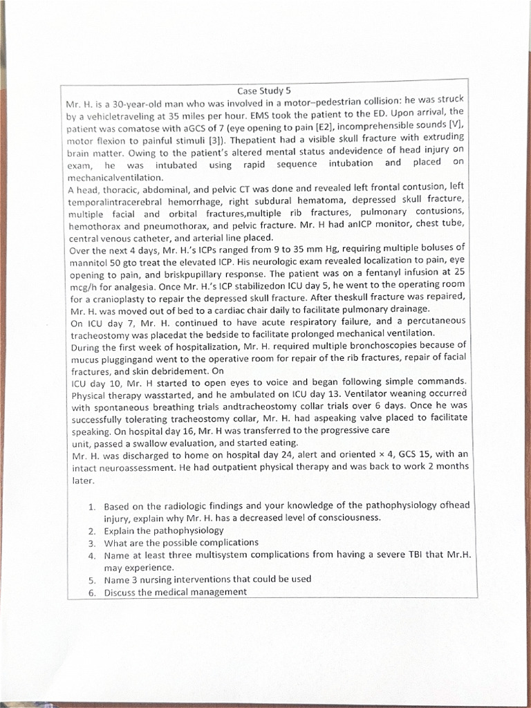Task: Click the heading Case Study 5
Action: (x=264, y=91)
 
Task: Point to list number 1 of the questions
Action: (x=91, y=507)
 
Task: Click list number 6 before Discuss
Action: (x=91, y=593)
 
